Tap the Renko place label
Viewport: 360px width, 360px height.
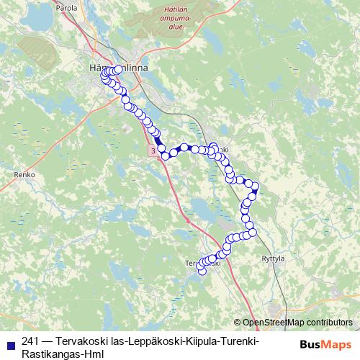tap(24, 175)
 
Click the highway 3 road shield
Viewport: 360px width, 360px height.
tap(153, 150)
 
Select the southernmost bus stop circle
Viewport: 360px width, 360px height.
tap(202, 272)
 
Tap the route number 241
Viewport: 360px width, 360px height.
tap(30, 341)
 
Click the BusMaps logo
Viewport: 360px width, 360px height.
tap(325, 345)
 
